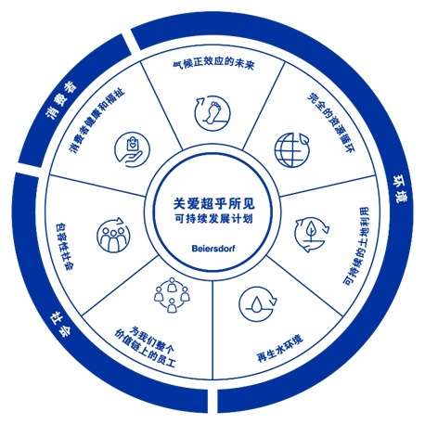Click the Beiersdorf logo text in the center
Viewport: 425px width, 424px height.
213,248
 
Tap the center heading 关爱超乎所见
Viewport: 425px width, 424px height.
214,204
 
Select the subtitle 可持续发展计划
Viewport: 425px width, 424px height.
213,219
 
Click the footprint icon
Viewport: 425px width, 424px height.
212,112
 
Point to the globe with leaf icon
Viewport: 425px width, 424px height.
292,149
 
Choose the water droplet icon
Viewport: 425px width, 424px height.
258,304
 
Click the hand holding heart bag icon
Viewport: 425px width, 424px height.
132,150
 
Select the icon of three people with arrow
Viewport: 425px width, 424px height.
113,235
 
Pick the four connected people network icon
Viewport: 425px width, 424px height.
172,295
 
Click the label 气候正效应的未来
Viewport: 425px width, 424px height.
213,64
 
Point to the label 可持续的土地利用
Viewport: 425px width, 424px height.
356,246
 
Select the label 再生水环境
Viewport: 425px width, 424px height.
280,348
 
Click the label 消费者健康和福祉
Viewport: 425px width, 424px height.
97,121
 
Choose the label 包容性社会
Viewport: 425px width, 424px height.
64,247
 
